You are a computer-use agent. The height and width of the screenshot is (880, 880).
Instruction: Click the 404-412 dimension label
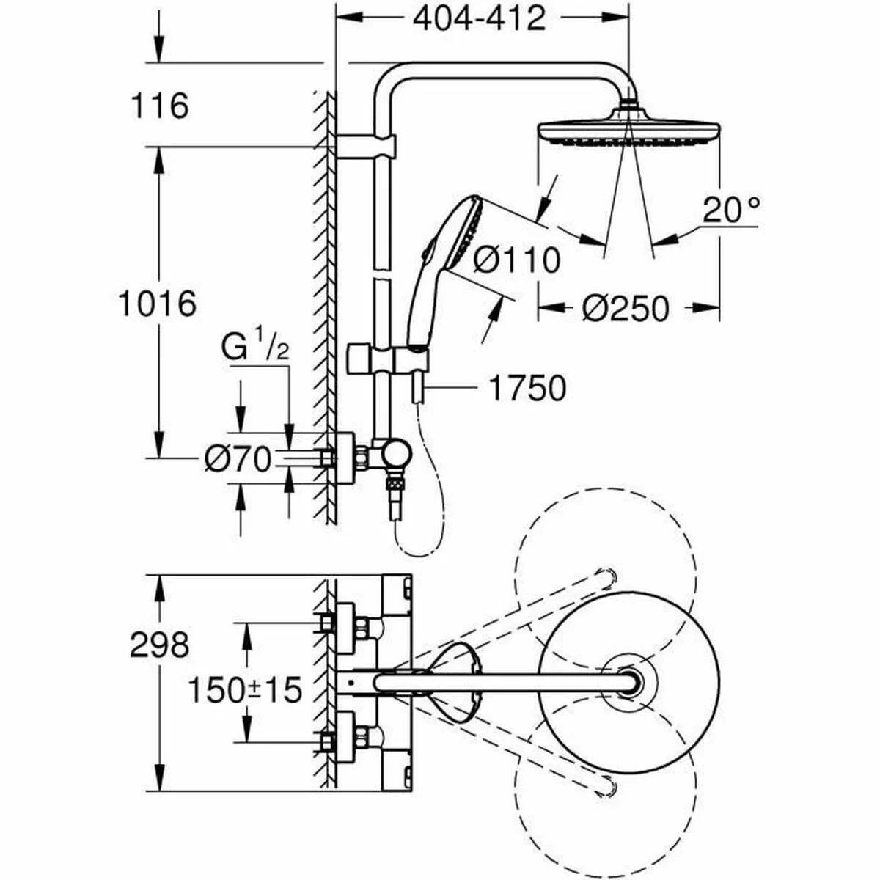coord(479,18)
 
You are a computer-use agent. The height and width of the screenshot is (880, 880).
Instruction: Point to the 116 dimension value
coord(159,106)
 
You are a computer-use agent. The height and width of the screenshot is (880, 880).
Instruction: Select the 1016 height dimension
coord(157,303)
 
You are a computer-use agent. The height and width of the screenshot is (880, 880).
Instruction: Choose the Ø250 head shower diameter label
coord(626,309)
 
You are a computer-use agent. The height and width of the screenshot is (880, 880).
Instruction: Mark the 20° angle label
coord(729,210)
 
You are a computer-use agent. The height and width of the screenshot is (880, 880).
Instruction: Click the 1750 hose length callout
coord(527,389)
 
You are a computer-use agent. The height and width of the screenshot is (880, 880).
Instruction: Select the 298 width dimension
coord(159,645)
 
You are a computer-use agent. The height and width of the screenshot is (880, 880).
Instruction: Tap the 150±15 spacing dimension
coord(245,689)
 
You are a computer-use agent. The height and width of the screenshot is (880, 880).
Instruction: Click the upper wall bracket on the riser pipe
coord(367,146)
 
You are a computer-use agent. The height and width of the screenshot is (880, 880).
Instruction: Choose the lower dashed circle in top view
coord(606,785)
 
